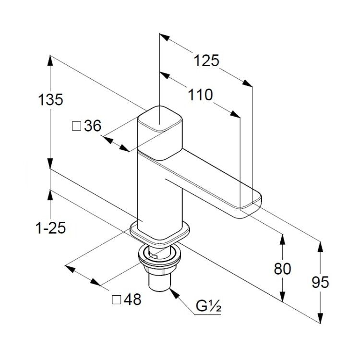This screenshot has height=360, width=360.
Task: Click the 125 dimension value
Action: pyautogui.click(x=206, y=61)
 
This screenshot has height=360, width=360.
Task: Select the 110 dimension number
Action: pyautogui.click(x=201, y=95)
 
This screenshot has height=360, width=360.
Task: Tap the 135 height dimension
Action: pyautogui.click(x=50, y=100)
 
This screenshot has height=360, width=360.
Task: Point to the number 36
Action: pyautogui.click(x=93, y=126)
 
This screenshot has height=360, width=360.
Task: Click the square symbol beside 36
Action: pyautogui.click(x=76, y=126)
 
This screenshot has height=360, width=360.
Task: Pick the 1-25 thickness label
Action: pyautogui.click(x=51, y=228)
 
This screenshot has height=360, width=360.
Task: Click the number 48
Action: pyautogui.click(x=132, y=300)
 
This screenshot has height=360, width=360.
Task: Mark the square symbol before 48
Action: pyautogui.click(x=117, y=300)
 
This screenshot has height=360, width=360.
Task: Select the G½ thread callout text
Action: pyautogui.click(x=208, y=306)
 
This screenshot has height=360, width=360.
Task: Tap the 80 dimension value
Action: pyautogui.click(x=282, y=269)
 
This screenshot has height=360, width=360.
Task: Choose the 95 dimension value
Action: pyautogui.click(x=320, y=282)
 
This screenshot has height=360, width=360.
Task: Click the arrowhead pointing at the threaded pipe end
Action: pyautogui.click(x=174, y=293)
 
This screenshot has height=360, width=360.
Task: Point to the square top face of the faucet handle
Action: pyautogui.click(x=160, y=119)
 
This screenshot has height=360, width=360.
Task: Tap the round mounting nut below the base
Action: pyautogui.click(x=159, y=258)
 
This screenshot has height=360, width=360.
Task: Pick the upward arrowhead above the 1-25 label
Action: pyautogui.click(x=50, y=195)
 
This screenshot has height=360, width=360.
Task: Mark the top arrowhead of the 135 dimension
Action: pyautogui.click(x=50, y=60)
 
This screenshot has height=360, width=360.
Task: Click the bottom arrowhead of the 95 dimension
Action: pyautogui.click(x=320, y=318)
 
